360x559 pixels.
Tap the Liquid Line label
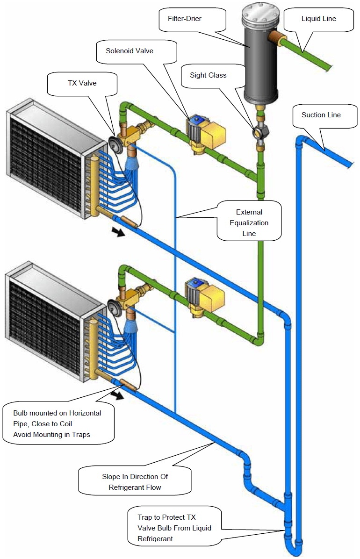(319, 19)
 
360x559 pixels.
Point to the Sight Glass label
(208, 75)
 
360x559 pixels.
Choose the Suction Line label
(321, 115)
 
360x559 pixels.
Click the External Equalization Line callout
(249, 223)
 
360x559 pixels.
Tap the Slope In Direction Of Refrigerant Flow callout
(135, 482)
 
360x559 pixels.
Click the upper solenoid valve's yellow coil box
(213, 132)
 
